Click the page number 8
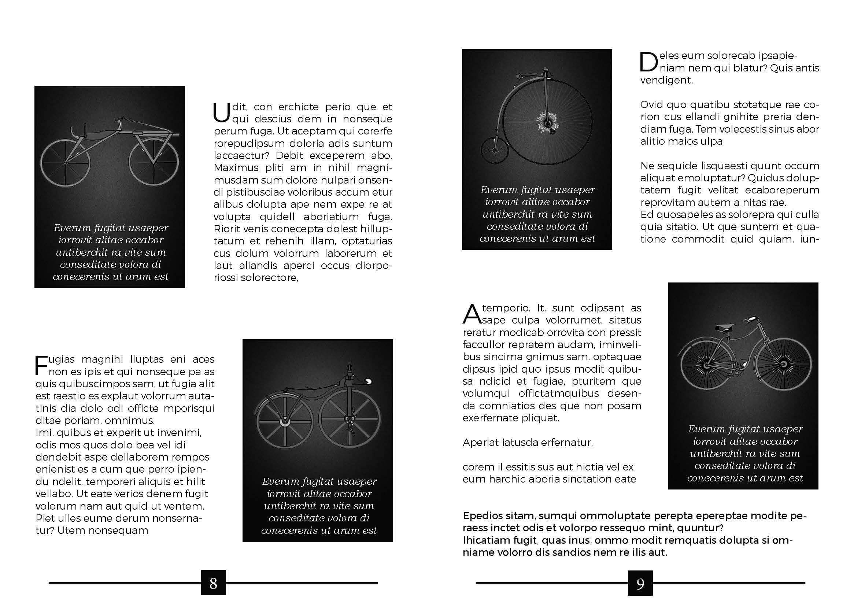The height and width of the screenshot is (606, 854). click(213, 583)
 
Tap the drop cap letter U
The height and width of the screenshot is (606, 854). click(221, 113)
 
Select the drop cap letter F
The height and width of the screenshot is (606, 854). click(41, 365)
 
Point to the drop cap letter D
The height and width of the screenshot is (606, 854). click(648, 62)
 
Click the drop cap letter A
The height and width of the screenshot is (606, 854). click(471, 314)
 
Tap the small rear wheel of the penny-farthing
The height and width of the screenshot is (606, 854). click(494, 151)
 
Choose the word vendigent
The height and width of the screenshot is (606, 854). click(666, 80)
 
